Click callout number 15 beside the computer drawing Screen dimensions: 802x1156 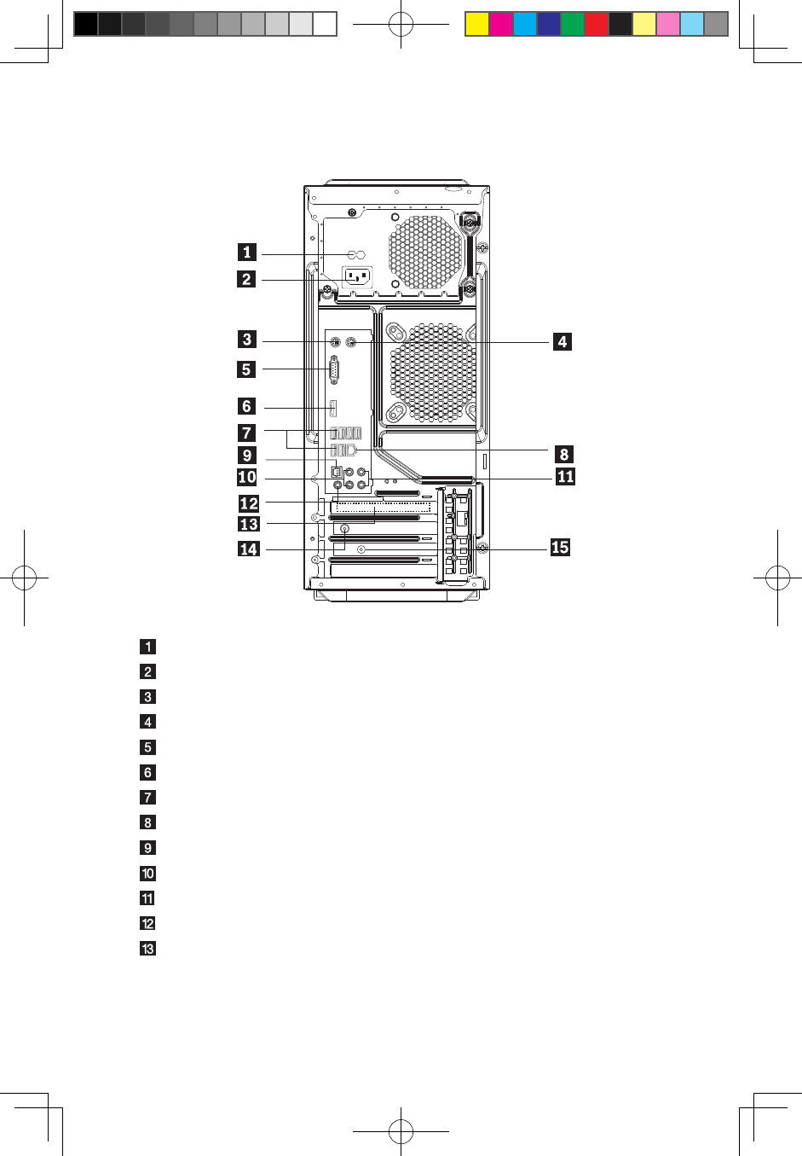(x=560, y=547)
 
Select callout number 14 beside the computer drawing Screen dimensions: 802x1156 (x=248, y=549)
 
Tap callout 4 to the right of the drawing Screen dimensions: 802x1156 (x=563, y=341)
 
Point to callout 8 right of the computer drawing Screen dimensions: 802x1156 (x=564, y=454)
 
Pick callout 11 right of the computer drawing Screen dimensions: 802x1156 (x=565, y=476)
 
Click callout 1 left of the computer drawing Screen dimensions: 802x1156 (x=247, y=252)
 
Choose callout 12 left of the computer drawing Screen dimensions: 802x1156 (x=249, y=503)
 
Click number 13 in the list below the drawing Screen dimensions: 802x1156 (x=148, y=949)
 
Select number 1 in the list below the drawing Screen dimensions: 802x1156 (x=148, y=647)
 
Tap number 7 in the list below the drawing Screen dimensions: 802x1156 (x=148, y=798)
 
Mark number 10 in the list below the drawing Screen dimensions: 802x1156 (x=148, y=874)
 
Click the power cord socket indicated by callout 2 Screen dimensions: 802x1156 (x=357, y=277)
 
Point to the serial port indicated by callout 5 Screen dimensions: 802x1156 (x=334, y=369)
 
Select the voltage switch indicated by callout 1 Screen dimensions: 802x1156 (x=356, y=255)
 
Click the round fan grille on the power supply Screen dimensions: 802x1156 (x=426, y=253)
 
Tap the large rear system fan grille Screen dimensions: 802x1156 (x=434, y=372)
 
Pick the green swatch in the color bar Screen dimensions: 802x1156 (x=573, y=24)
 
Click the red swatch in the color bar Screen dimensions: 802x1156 (x=597, y=24)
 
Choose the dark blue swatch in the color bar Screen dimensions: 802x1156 (x=549, y=24)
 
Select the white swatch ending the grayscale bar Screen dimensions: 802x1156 (x=325, y=24)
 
